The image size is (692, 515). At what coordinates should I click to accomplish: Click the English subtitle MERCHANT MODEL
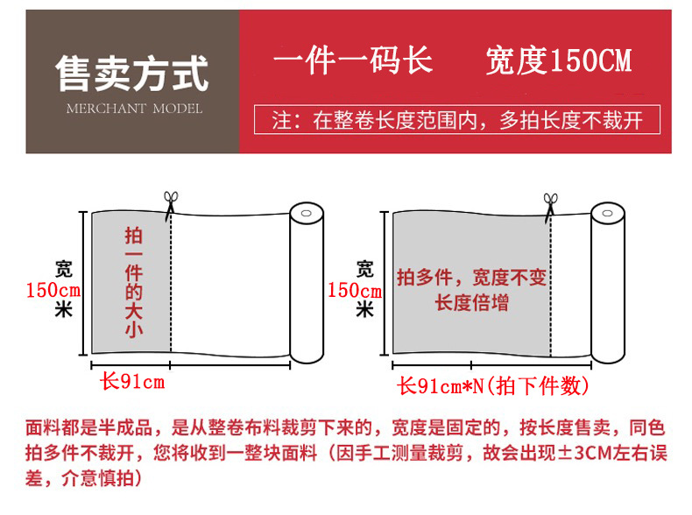(134, 109)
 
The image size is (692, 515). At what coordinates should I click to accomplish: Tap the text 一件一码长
(352, 60)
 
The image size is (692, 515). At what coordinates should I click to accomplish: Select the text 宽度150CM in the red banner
(558, 60)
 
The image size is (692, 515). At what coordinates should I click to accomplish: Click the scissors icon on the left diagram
(169, 203)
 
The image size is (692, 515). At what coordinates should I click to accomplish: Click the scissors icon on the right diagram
(551, 204)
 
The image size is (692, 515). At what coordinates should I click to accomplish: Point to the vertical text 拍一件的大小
(133, 282)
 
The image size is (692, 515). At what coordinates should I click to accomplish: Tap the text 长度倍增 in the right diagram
(471, 303)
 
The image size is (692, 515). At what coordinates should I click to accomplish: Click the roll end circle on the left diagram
(306, 215)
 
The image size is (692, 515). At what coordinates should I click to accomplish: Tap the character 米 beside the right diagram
(365, 309)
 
